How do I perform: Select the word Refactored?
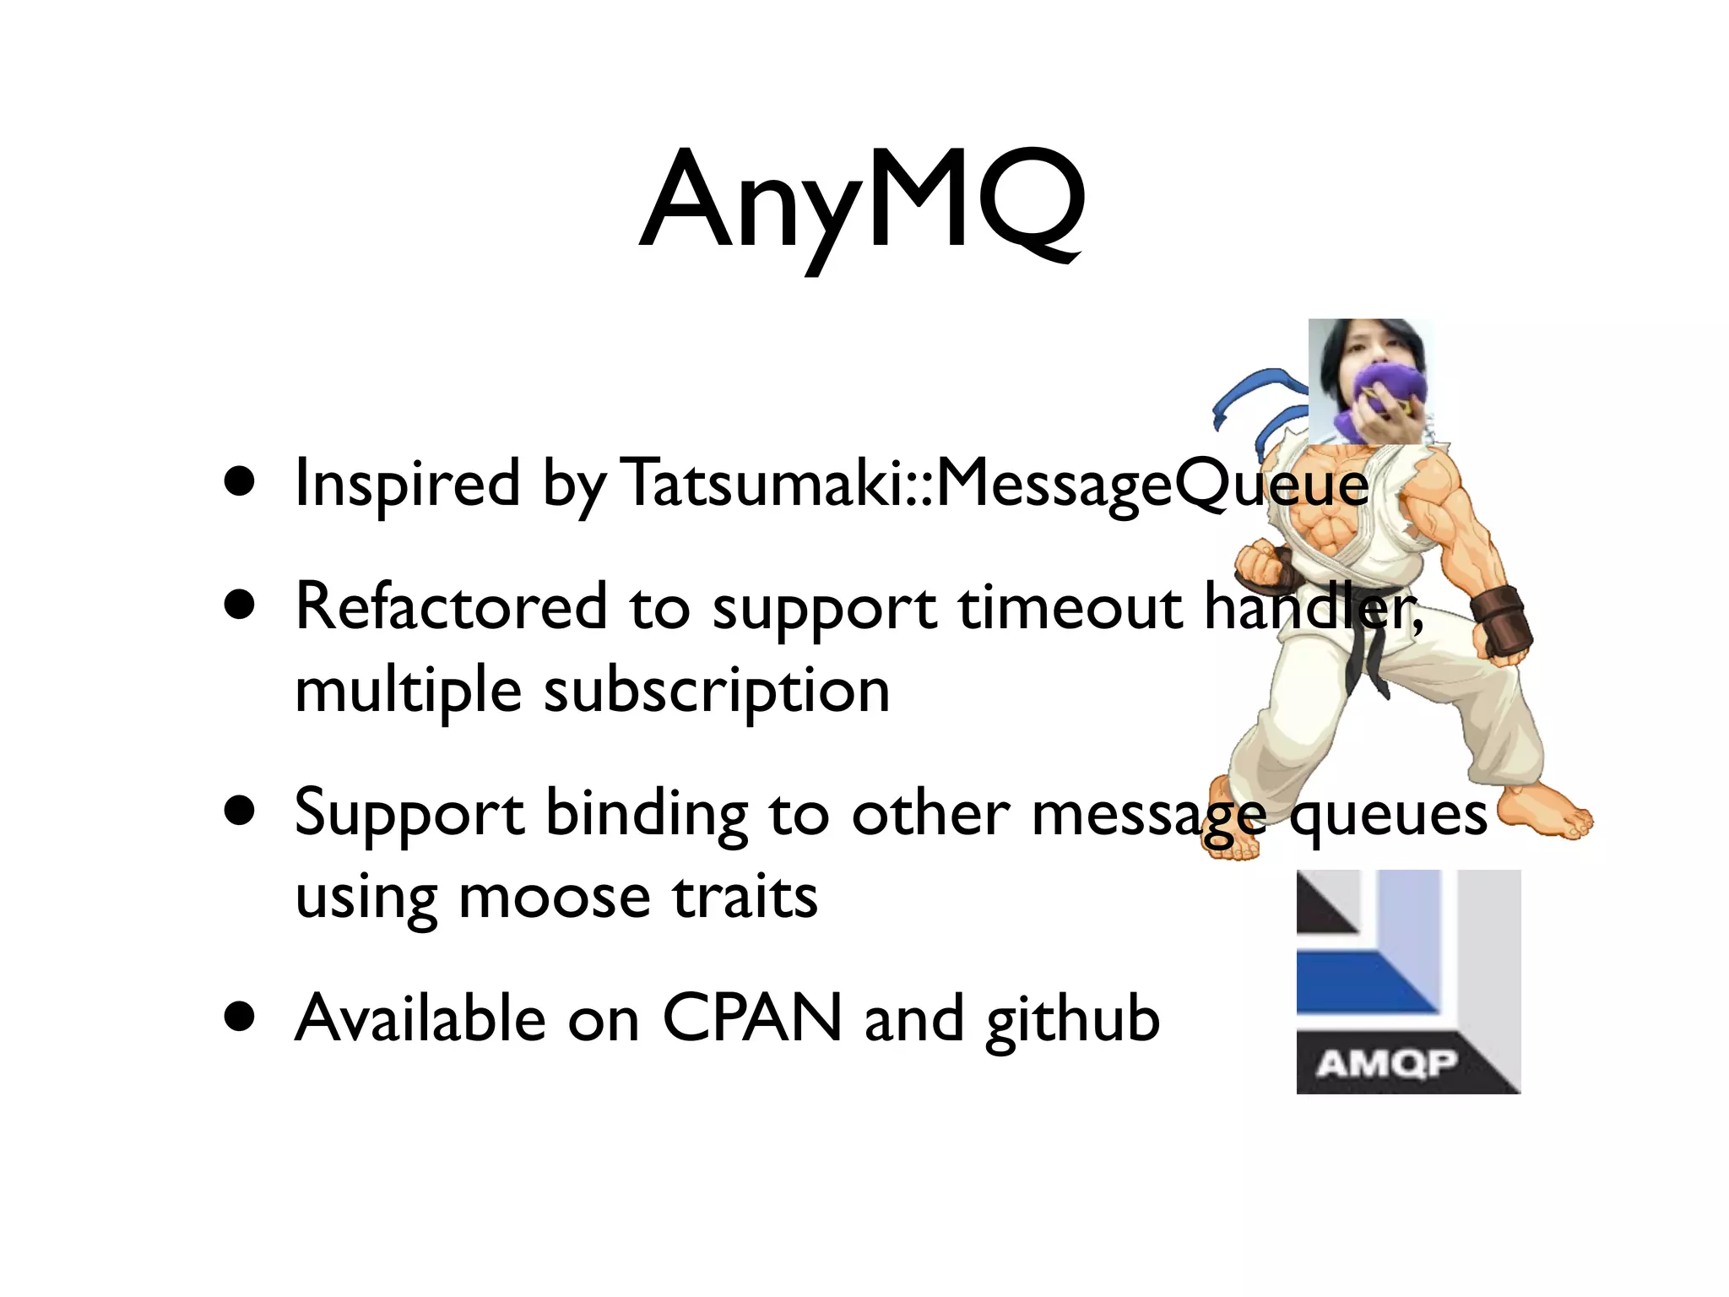[x=451, y=606]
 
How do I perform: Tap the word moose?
[x=555, y=896]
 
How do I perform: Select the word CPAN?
[x=751, y=1018]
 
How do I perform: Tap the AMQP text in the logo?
[x=1386, y=1063]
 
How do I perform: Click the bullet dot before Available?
[x=241, y=1018]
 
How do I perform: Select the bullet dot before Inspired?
[x=241, y=482]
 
